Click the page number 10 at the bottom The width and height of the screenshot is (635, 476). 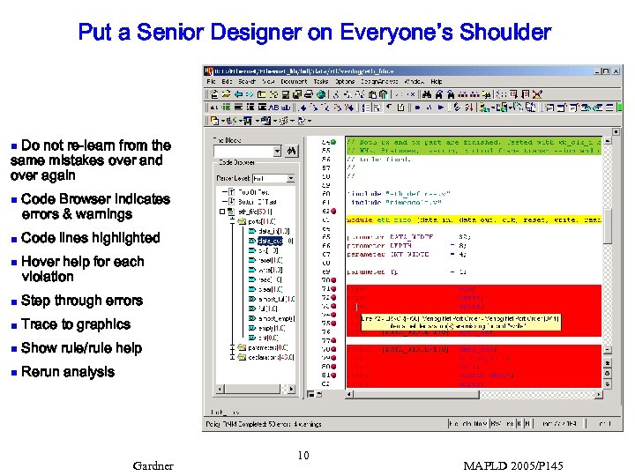[x=303, y=456]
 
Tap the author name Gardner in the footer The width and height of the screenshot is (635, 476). [x=153, y=465]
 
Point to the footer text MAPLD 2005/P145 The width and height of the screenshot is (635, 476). [x=512, y=465]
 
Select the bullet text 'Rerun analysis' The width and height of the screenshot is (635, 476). [x=68, y=372]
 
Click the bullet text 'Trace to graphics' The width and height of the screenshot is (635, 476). [x=75, y=324]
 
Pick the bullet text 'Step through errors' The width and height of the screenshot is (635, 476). [x=81, y=301]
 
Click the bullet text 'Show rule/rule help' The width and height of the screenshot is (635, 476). [x=81, y=348]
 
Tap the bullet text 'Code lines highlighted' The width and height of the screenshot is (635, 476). [x=90, y=238]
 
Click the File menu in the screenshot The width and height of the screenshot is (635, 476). [x=212, y=81]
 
